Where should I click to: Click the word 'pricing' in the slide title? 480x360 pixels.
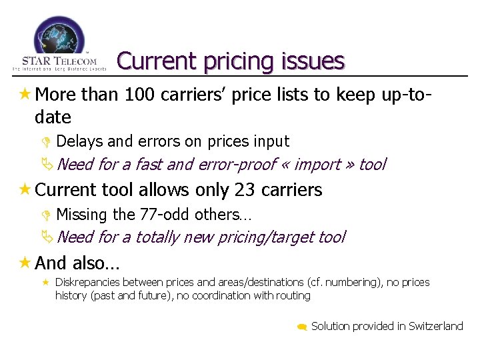(x=233, y=61)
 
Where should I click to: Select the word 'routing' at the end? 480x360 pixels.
(x=293, y=295)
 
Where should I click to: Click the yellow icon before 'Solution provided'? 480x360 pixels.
(x=301, y=327)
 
